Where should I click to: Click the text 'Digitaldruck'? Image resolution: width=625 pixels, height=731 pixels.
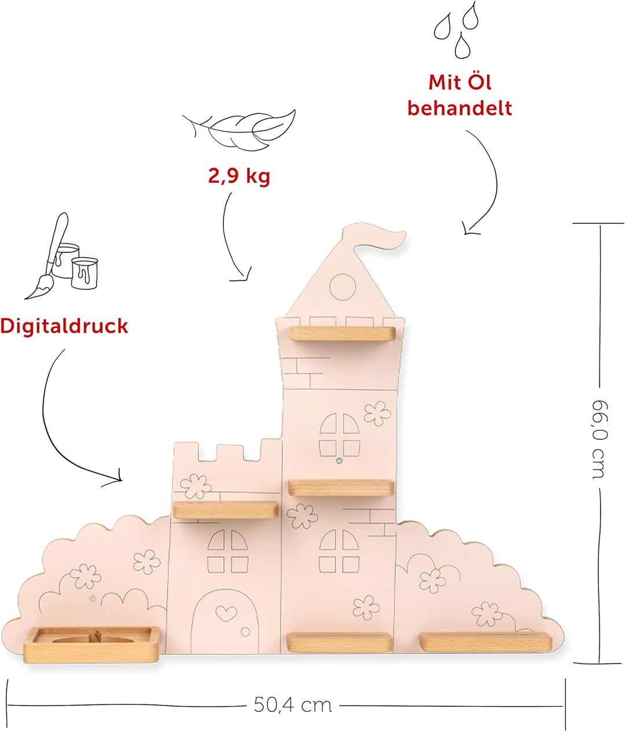click(64, 326)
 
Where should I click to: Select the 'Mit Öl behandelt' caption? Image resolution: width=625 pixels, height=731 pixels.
click(459, 95)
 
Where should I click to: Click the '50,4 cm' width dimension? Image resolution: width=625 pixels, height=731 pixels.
click(293, 705)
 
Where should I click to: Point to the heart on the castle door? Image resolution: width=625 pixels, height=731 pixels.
click(223, 611)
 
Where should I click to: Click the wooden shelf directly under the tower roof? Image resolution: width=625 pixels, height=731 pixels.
click(342, 333)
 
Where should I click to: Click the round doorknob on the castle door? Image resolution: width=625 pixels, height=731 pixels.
click(245, 630)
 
